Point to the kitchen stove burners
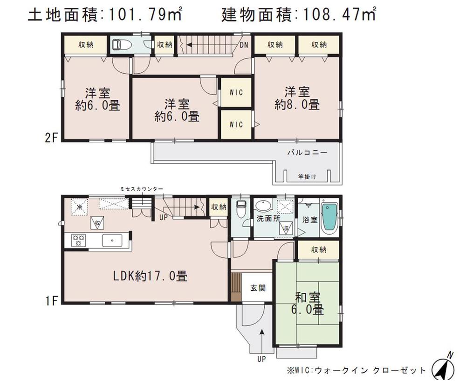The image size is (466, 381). pos(78,241)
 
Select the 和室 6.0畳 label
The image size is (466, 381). pos(309,303)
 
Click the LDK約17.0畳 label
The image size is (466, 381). pos(151,276)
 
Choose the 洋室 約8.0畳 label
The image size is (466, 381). pos(297,97)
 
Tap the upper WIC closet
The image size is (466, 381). pos(236,92)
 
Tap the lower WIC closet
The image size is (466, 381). pos(236,125)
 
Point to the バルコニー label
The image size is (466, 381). pos(307,152)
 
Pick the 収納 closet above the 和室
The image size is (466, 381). pos(319,250)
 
